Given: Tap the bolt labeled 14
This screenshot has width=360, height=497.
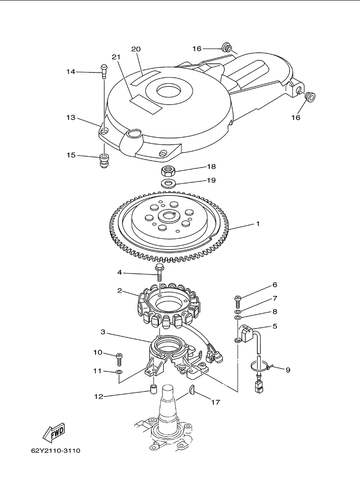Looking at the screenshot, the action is click(x=104, y=71).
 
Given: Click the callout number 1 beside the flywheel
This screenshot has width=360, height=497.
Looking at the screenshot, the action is click(x=258, y=224).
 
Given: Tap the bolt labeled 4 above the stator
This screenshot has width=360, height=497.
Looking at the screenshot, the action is click(x=160, y=273).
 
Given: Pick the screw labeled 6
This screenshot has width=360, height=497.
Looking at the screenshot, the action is click(x=238, y=301).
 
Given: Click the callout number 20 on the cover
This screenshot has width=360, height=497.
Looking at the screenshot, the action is click(x=136, y=49).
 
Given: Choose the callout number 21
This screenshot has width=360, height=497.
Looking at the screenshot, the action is click(x=116, y=57).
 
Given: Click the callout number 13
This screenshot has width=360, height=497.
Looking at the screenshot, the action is click(x=71, y=118).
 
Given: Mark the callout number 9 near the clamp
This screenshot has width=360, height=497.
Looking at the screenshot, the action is click(x=288, y=370).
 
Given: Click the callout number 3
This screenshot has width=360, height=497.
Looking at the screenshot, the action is click(x=103, y=332).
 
